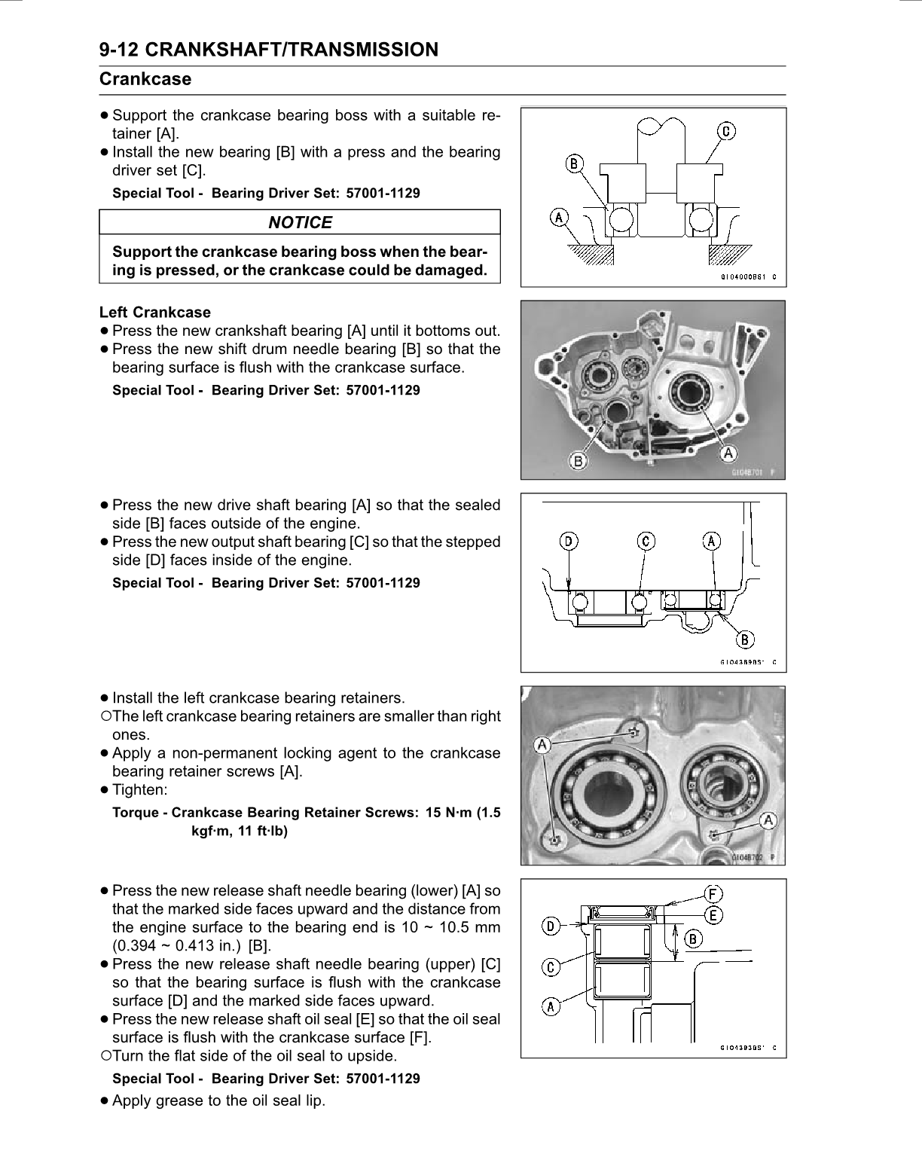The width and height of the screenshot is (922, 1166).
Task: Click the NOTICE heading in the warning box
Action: (300, 222)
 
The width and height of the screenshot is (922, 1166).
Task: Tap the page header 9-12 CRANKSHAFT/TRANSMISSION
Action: (268, 50)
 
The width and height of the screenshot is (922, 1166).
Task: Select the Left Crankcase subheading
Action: (155, 312)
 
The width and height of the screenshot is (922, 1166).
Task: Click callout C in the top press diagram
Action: (726, 132)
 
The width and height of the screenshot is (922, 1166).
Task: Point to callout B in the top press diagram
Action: (574, 163)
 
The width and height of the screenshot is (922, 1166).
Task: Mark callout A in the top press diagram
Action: (559, 218)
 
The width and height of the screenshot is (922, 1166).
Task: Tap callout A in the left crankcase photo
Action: (728, 453)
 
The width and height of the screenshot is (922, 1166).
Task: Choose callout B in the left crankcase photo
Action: (579, 461)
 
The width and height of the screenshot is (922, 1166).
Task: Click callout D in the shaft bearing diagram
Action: (569, 541)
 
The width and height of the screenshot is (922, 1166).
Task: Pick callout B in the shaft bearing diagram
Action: (745, 640)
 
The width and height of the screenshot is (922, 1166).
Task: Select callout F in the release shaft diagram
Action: (713, 894)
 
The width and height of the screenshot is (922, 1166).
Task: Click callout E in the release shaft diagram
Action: (713, 915)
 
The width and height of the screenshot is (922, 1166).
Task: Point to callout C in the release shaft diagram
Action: (551, 967)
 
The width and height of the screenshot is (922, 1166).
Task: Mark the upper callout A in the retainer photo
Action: (541, 744)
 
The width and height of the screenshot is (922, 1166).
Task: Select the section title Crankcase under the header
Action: (145, 79)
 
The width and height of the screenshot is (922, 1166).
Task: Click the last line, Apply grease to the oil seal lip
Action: (218, 1100)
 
